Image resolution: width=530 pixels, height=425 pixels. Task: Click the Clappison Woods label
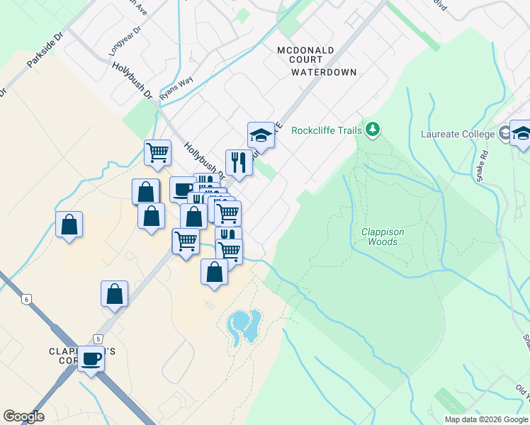click(x=379, y=236)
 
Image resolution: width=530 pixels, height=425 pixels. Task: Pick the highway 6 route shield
click(x=26, y=300)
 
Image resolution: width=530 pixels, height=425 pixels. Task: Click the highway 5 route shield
click(x=97, y=339)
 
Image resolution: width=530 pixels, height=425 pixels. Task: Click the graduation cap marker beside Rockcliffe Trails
click(x=261, y=135)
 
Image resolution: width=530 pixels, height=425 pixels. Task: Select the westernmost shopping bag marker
click(x=69, y=225)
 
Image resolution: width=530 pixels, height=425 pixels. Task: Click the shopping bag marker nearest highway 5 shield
click(x=115, y=293)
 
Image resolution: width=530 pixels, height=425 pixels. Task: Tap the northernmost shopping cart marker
click(x=157, y=152)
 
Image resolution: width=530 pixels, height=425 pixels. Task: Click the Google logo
click(x=23, y=416)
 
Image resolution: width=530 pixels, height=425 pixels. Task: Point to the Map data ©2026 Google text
click(x=485, y=419)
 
